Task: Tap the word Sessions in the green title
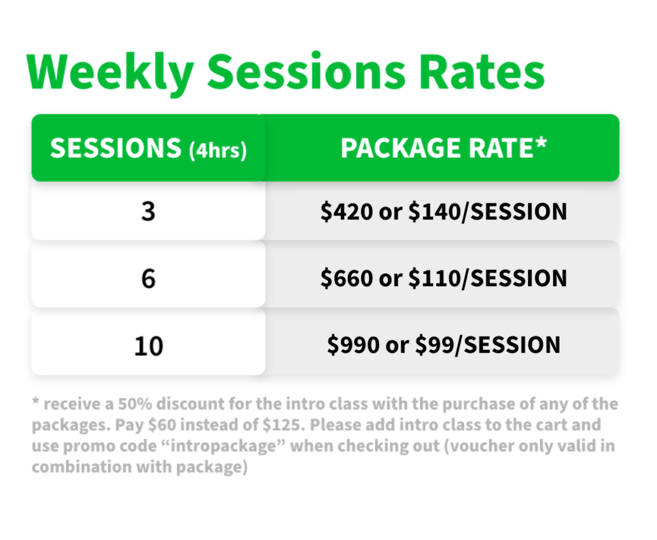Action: [307, 71]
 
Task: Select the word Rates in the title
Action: [482, 72]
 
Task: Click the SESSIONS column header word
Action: [115, 148]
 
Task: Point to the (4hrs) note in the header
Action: [218, 151]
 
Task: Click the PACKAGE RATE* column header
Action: [444, 148]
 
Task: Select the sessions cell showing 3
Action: [148, 211]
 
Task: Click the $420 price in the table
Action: [346, 211]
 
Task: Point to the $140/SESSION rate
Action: [488, 211]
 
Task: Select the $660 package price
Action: [346, 278]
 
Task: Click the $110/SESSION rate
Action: [488, 278]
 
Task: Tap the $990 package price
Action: [354, 345]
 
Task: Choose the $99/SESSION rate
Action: [488, 345]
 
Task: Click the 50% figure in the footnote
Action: [135, 404]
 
